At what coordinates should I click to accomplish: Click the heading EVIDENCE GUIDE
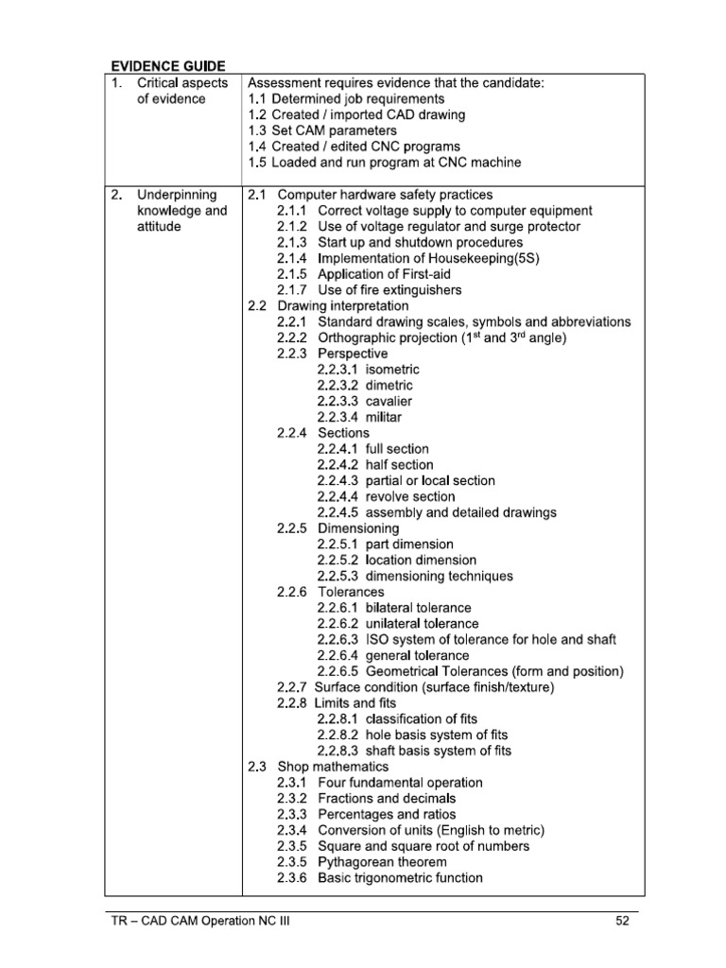pyautogui.click(x=167, y=66)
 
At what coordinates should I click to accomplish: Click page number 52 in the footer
pyautogui.click(x=622, y=923)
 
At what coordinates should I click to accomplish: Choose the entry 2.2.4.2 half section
pyautogui.click(x=375, y=465)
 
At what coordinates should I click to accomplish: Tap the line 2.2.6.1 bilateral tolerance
pyautogui.click(x=393, y=608)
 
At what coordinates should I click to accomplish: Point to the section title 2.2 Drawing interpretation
pyautogui.click(x=328, y=306)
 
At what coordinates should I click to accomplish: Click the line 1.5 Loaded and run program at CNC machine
pyautogui.click(x=384, y=163)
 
